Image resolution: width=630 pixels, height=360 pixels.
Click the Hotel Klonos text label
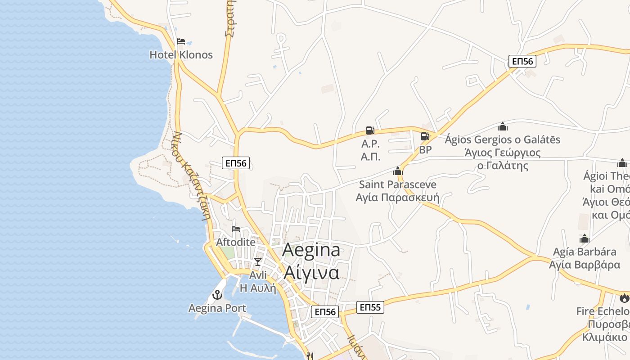point(181,55)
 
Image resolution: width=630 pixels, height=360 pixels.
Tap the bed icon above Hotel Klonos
point(181,41)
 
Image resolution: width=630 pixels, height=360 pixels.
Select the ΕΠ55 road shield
point(370,307)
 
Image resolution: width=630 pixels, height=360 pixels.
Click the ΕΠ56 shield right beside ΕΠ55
point(325,311)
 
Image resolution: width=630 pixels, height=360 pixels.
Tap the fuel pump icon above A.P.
point(370,130)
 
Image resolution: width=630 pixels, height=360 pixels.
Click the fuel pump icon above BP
point(425,136)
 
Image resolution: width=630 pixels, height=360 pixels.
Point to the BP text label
point(425,150)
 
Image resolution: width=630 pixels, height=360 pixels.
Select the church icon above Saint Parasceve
point(397,171)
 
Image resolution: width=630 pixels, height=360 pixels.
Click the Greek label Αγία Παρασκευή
point(397,198)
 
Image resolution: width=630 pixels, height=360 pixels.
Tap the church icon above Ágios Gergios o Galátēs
point(503,126)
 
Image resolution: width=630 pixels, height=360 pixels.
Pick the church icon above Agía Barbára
point(585,238)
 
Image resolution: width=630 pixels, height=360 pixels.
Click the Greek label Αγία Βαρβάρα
point(585,265)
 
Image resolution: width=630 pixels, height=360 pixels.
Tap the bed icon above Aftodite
point(236,229)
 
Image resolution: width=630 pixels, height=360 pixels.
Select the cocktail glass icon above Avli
point(257,261)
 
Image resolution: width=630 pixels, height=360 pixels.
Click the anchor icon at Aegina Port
point(217,295)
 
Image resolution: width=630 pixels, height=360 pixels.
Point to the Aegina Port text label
point(217,308)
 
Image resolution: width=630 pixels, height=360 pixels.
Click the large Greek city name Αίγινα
point(311,273)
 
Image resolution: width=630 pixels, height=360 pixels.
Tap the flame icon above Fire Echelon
point(624,298)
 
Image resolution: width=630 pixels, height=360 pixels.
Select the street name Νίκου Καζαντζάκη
point(192,175)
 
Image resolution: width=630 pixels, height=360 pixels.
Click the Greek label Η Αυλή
point(258,288)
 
